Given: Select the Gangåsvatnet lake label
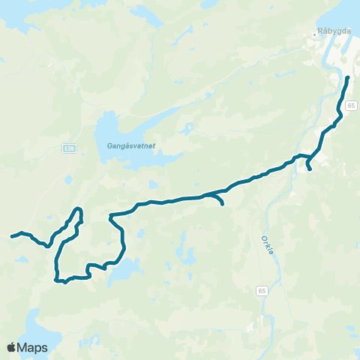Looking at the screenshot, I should pyautogui.click(x=125, y=146).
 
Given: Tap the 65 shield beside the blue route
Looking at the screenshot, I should pyautogui.click(x=351, y=107).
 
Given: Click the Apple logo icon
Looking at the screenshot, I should pyautogui.click(x=11, y=346).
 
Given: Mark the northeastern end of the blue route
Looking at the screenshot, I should pyautogui.click(x=347, y=77).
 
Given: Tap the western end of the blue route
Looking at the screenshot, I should pyautogui.click(x=11, y=237).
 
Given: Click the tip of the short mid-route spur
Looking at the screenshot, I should pyautogui.click(x=223, y=203).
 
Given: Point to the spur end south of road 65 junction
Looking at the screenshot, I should pyautogui.click(x=310, y=169).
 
